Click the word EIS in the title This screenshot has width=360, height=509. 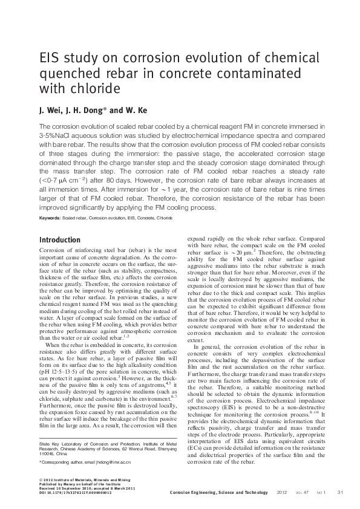coord(50,59)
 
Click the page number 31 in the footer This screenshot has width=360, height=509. coord(340,491)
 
